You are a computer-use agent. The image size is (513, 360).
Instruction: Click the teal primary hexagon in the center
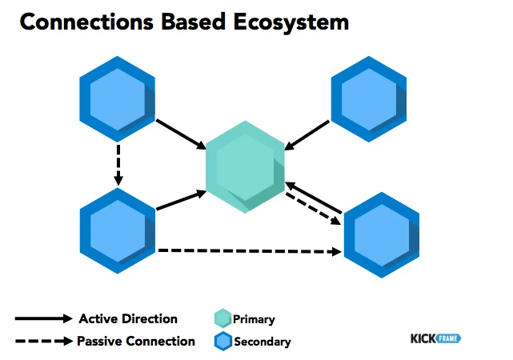[x=245, y=167]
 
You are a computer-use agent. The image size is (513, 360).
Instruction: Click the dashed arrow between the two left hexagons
[x=118, y=164]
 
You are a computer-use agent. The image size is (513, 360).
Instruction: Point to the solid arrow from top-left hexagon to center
[x=181, y=134]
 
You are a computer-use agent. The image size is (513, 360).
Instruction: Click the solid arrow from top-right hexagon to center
[x=307, y=134]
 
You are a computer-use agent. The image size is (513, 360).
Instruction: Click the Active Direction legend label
[x=128, y=318]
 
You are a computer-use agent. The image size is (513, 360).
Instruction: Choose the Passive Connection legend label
[x=136, y=341]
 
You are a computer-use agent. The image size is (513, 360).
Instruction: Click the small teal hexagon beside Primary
[x=222, y=318]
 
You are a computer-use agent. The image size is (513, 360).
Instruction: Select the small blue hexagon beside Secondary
[x=222, y=342]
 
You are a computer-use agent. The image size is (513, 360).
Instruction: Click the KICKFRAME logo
[x=436, y=338]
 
